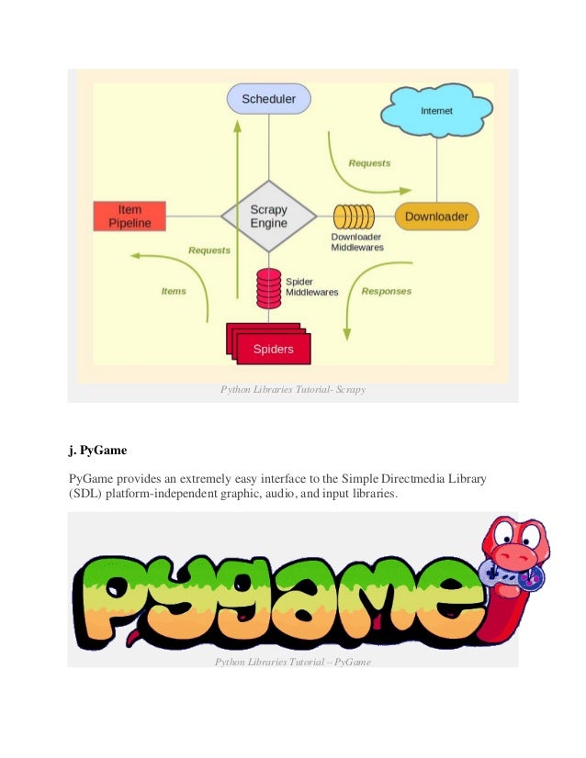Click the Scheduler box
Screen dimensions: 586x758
click(268, 98)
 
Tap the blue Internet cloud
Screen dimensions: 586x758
click(436, 111)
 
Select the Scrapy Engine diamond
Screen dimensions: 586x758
click(268, 216)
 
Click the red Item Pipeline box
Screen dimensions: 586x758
click(130, 216)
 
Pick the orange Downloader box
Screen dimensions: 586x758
click(436, 216)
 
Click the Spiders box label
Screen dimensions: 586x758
click(273, 349)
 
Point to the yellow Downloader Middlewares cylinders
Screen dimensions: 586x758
click(354, 216)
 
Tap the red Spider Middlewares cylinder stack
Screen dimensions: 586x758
click(268, 288)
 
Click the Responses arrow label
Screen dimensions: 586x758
click(386, 291)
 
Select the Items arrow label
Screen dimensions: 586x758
click(174, 291)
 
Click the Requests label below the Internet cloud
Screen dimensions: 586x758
click(369, 163)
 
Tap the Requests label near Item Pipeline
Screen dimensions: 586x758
click(209, 251)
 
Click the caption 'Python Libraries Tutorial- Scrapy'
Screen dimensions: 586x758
click(293, 389)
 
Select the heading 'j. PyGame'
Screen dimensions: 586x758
click(97, 450)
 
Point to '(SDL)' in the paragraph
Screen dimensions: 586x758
click(85, 494)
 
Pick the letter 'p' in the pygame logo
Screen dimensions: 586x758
click(103, 598)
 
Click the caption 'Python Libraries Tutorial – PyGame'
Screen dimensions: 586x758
click(293, 662)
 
